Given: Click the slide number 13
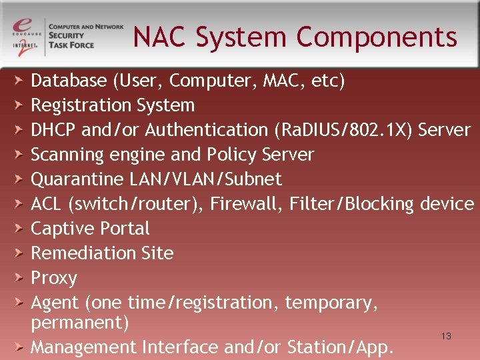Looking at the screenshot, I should [x=446, y=336].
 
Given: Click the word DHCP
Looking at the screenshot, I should [x=54, y=129].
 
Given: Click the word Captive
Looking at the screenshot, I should [x=59, y=228].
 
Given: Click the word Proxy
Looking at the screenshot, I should [x=54, y=278].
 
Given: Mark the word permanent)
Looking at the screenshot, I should [x=80, y=323].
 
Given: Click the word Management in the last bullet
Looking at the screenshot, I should [x=83, y=347].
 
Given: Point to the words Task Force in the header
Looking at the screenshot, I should [x=73, y=45].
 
